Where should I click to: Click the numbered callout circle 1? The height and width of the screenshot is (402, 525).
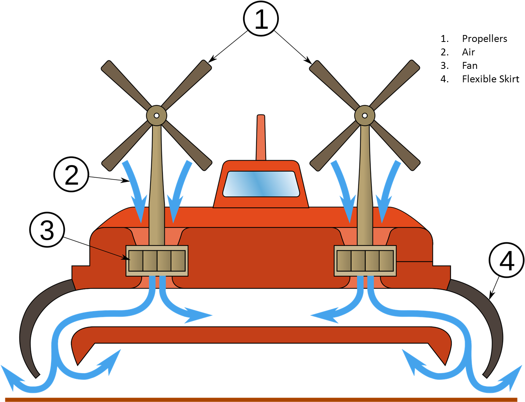pyautogui.click(x=261, y=19)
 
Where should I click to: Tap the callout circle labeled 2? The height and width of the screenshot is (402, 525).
pyautogui.click(x=71, y=175)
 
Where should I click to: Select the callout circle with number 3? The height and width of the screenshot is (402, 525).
pyautogui.click(x=47, y=230)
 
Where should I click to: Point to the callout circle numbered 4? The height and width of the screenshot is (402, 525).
pyautogui.click(x=507, y=260)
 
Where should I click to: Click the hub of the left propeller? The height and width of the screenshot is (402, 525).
pyautogui.click(x=157, y=115)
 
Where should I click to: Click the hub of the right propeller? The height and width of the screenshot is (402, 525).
pyautogui.click(x=365, y=115)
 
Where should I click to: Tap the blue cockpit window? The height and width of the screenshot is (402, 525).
pyautogui.click(x=261, y=184)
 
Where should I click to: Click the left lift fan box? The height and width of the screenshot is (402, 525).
pyautogui.click(x=157, y=260)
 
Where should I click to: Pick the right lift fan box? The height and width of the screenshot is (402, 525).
pyautogui.click(x=365, y=260)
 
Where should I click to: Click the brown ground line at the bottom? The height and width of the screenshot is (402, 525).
pyautogui.click(x=261, y=399)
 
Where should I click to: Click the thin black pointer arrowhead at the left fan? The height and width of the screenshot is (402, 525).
pyautogui.click(x=126, y=259)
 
